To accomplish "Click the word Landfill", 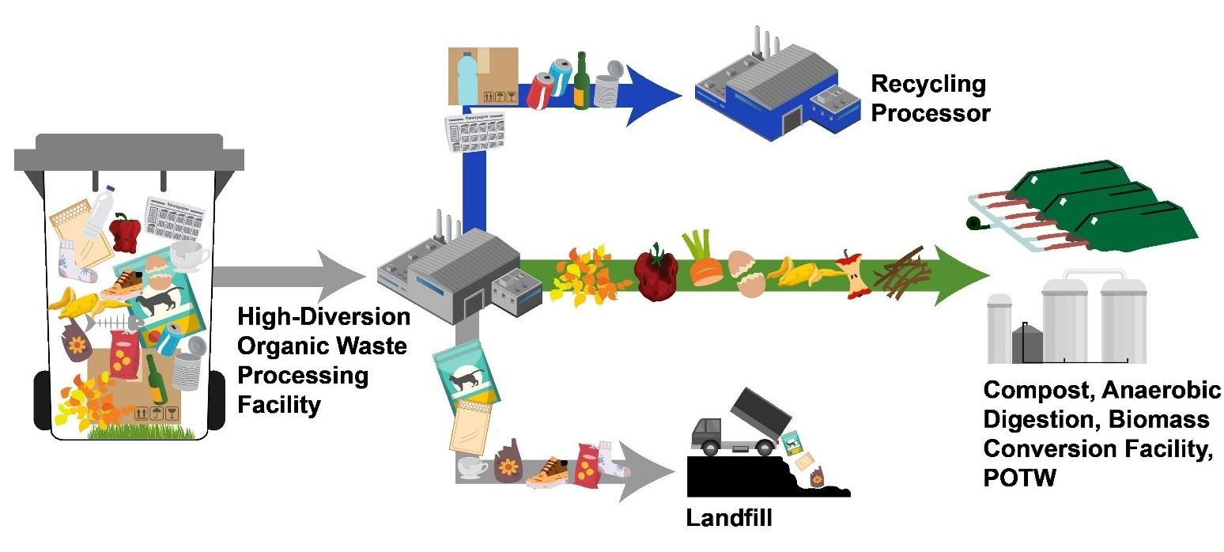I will [728, 520].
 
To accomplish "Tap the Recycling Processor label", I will [928, 98].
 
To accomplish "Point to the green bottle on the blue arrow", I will [582, 81].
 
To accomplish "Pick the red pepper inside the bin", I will [125, 231].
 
